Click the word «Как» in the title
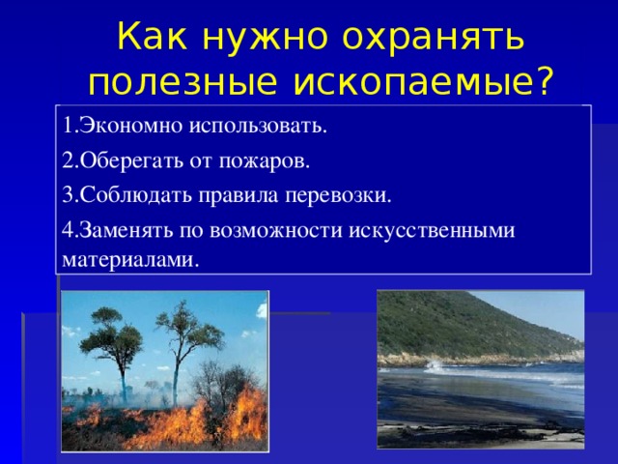(x=152, y=36)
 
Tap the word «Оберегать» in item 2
(x=131, y=161)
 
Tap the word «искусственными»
(x=432, y=231)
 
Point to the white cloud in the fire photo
(x=262, y=309)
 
